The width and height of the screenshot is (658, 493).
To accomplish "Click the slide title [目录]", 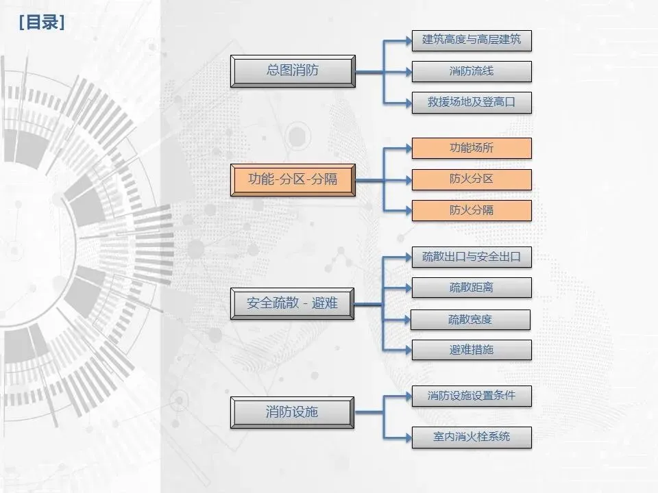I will coord(42,23).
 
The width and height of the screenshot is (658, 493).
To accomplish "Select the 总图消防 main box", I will coord(293,71).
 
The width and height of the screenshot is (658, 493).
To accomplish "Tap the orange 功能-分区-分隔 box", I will coord(293,180).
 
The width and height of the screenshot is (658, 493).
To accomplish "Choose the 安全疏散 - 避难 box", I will coord(293,303).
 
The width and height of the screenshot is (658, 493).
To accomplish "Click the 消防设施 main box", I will coord(293,412).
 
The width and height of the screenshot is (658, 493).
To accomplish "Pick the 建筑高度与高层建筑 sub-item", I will coord(472,40).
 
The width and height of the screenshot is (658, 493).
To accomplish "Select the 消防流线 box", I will coord(472,71).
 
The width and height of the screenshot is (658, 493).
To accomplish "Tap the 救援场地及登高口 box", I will coord(472,103).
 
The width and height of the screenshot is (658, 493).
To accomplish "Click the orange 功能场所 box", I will coord(472,148).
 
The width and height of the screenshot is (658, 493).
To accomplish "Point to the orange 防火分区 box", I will coord(472,179).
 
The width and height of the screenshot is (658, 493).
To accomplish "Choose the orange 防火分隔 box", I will coord(472,210).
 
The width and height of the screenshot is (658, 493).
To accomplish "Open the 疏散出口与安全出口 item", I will coord(472,257).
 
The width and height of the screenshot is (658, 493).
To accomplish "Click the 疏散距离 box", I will coord(472,288).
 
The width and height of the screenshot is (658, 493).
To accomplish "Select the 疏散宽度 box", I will coord(470,319).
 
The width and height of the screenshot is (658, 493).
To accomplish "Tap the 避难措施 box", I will coord(472,350).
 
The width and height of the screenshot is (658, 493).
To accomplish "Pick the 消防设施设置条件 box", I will coord(472,396).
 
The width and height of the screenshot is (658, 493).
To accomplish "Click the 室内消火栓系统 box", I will coord(472,437).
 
